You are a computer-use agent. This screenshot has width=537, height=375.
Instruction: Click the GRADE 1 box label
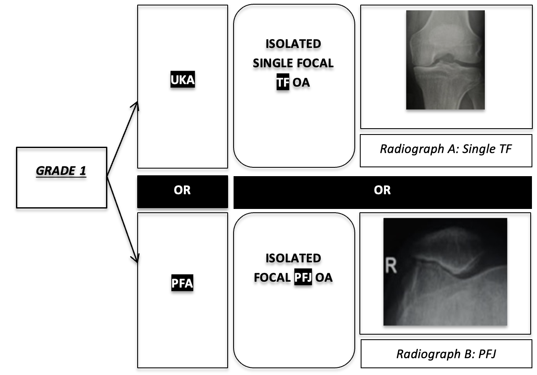click(x=61, y=172)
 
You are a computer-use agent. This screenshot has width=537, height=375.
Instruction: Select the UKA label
click(x=183, y=80)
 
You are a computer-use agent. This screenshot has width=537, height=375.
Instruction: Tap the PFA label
click(x=182, y=284)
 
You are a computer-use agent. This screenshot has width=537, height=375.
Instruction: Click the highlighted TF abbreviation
click(x=282, y=82)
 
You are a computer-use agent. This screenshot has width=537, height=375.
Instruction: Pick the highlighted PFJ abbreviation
click(x=303, y=277)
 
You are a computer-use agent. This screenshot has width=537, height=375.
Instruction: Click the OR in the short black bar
click(x=182, y=190)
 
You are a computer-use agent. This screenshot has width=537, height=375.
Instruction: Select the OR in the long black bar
click(x=382, y=190)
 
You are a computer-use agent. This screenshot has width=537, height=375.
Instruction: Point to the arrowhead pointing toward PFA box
click(x=136, y=259)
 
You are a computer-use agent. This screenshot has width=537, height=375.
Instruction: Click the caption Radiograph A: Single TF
click(x=446, y=150)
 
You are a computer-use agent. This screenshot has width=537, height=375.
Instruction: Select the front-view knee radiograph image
click(x=445, y=60)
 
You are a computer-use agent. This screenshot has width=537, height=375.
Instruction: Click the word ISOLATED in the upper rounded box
click(x=293, y=44)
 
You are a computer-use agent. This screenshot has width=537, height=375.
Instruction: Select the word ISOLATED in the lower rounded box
click(x=293, y=258)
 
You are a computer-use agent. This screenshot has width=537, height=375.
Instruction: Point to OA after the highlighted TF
click(x=301, y=82)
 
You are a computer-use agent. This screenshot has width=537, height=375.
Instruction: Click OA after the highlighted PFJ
click(x=324, y=277)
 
